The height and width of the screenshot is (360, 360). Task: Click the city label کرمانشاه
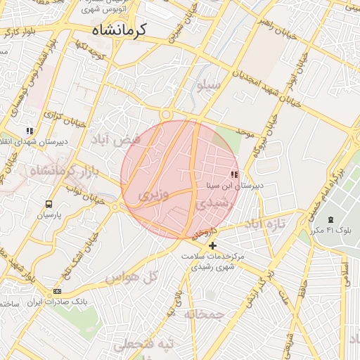[x=118, y=30]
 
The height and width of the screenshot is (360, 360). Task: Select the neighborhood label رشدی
[x=211, y=203]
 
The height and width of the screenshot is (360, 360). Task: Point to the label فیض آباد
[x=115, y=141]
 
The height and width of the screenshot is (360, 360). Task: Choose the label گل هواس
[x=130, y=278]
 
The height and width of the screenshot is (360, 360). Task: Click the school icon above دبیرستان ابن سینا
[x=234, y=174]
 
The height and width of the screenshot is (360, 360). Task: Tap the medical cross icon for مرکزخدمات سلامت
[x=213, y=245]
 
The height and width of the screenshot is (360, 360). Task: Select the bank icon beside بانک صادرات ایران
[x=57, y=291]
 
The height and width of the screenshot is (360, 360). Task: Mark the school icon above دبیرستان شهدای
[x=30, y=131]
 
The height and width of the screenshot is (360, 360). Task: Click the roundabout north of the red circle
[x=167, y=115]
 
